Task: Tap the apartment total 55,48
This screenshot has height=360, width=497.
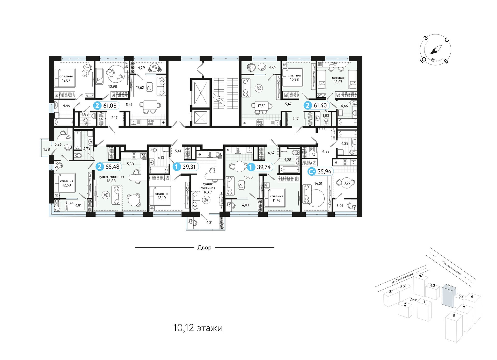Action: click(113, 167)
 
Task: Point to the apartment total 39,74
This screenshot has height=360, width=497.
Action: click(264, 167)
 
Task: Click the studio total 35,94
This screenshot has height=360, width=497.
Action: click(324, 171)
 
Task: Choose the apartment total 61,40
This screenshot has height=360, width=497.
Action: click(320, 106)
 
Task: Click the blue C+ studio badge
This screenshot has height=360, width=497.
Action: click(311, 171)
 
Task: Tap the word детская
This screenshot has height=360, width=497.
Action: click(338, 78)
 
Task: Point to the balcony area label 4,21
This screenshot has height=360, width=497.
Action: click(209, 222)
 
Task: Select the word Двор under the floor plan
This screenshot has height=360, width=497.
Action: click(204, 248)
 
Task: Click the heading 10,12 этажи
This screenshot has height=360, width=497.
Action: click(198, 328)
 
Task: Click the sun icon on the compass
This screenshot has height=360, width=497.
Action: click(433, 60)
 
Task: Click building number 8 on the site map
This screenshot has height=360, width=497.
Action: click(454, 315)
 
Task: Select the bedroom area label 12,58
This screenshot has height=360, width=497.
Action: click(67, 185)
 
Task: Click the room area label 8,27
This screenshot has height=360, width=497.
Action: click(347, 183)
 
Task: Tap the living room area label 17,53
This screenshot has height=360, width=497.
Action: click(261, 106)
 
